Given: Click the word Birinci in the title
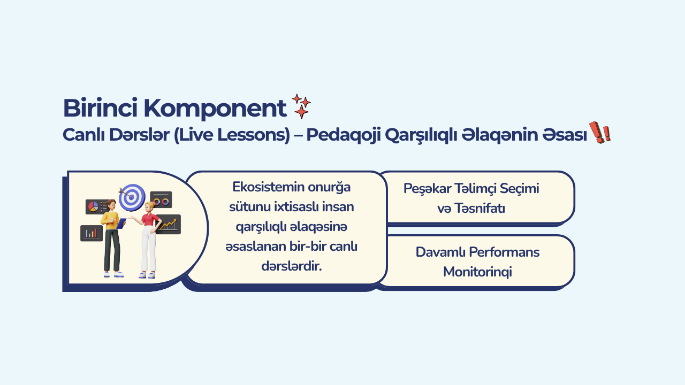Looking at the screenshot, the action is (x=100, y=108).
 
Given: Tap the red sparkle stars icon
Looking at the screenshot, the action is (x=301, y=106).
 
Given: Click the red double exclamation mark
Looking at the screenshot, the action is (x=600, y=132).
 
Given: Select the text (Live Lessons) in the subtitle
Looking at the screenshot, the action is (x=232, y=135).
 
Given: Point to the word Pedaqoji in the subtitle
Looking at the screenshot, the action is (x=344, y=135).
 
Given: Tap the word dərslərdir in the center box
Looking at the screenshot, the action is (x=292, y=266).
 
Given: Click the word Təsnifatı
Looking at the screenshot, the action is (x=479, y=209).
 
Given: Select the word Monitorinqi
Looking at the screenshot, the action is (x=477, y=272).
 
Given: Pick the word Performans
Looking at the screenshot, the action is (x=504, y=252).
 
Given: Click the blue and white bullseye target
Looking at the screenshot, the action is (x=132, y=197).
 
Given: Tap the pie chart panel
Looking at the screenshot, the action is (x=96, y=207).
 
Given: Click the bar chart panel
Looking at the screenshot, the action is (x=92, y=233).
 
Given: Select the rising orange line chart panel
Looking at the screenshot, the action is (x=169, y=225).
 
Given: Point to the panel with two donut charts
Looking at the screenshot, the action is (x=161, y=200).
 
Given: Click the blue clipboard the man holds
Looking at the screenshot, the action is (x=121, y=224).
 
